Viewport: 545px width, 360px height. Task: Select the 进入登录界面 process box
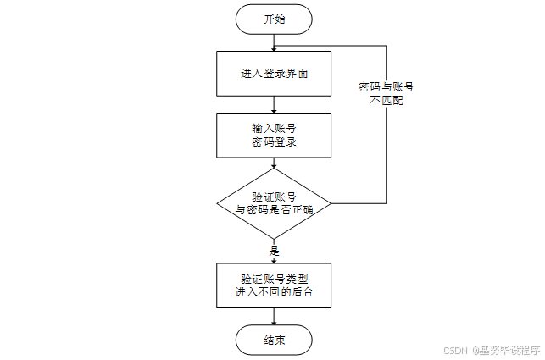274,74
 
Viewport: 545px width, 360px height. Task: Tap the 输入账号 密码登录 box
274,135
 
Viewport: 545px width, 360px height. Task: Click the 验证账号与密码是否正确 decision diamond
274,203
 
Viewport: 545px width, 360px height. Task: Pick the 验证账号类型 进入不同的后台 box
274,285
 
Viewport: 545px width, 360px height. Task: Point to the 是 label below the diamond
274,252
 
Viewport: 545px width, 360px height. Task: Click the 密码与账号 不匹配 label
386,93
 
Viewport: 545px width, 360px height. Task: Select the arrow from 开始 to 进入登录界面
274,43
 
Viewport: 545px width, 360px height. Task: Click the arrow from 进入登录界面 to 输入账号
274,104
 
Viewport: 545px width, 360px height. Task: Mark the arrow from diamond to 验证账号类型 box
274,254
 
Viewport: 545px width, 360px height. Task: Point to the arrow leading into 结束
274,317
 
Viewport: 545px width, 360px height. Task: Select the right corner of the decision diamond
330,203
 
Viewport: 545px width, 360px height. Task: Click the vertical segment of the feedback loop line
387,144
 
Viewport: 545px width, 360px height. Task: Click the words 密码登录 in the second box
274,142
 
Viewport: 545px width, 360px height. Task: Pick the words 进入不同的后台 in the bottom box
274,293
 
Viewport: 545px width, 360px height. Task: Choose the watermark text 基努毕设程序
509,350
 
